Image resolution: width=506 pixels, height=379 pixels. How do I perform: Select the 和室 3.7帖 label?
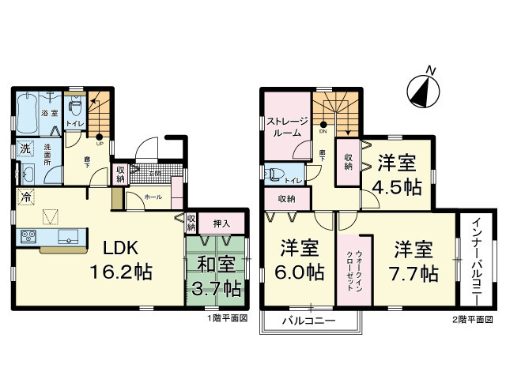click(215, 277)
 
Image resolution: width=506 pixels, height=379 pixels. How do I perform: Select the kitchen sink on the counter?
click(67, 235)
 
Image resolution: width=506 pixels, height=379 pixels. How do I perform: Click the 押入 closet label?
click(223, 222)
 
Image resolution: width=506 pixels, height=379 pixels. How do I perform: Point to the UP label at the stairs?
click(99, 144)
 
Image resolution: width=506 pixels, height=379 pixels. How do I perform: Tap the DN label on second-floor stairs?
click(323, 131)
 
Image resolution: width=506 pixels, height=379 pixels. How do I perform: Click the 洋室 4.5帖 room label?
click(397, 175)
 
